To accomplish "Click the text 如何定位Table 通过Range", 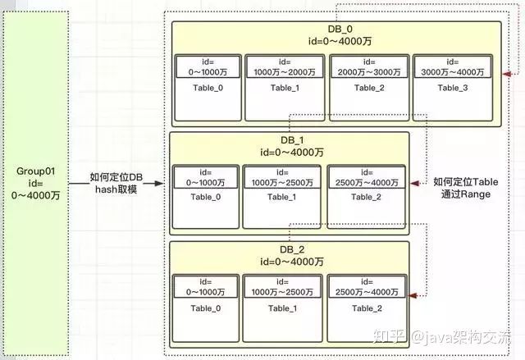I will point(472,189).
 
